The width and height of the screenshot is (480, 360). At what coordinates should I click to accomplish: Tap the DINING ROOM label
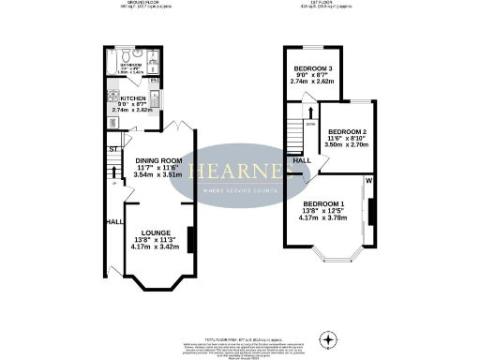coord(158,160)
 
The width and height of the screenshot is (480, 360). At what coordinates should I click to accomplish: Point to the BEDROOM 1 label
coord(323,204)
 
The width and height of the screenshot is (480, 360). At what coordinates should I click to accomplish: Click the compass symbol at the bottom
coord(327,338)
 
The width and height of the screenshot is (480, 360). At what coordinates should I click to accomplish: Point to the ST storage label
coord(112,149)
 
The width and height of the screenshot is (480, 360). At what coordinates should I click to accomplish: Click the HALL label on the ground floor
coord(114,222)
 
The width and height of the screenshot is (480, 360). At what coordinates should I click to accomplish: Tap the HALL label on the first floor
coord(303,161)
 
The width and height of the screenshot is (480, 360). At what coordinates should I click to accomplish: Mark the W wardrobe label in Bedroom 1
coord(369,180)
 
